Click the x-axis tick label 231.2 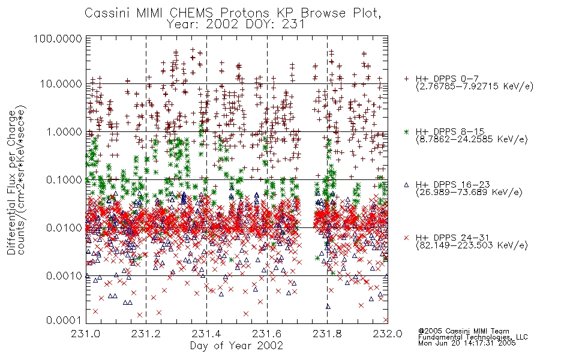click(x=146, y=334)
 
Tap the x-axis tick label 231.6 click(x=267, y=334)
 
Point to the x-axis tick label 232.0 click(x=388, y=334)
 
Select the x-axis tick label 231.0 click(x=85, y=334)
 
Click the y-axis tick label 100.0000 click(x=58, y=38)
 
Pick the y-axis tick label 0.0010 click(x=64, y=276)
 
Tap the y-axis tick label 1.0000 click(x=64, y=131)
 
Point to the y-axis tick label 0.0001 click(x=64, y=320)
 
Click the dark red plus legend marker click(x=406, y=79)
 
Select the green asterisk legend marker click(x=406, y=131)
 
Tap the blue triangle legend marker click(x=406, y=185)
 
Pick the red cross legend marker click(x=406, y=238)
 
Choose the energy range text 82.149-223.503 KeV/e click(x=472, y=245)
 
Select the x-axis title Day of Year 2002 click(x=236, y=346)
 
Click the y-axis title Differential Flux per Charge click(x=11, y=182)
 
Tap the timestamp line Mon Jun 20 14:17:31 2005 click(x=467, y=343)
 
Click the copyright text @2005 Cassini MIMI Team click(x=463, y=331)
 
